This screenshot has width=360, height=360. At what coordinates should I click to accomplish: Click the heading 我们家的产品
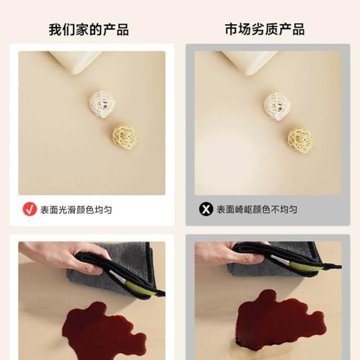[x=89, y=29]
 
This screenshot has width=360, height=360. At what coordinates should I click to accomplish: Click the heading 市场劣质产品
[x=265, y=29]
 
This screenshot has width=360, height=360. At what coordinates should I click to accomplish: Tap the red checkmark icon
[x=30, y=209]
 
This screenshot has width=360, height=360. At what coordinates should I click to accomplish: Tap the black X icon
[x=206, y=209]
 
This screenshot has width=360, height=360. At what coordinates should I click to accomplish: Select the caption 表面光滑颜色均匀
[x=76, y=210]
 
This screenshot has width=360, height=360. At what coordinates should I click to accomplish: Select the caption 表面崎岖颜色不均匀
[x=257, y=209]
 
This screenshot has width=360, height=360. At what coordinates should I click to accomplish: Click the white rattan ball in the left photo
[x=102, y=103]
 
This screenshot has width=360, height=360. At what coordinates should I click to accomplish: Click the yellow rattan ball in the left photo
[x=125, y=136]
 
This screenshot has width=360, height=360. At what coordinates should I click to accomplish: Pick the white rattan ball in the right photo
[x=277, y=106]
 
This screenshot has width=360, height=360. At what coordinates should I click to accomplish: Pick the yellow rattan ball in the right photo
[x=300, y=140]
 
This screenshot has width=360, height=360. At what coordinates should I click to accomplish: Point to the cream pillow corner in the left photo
[x=75, y=61]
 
